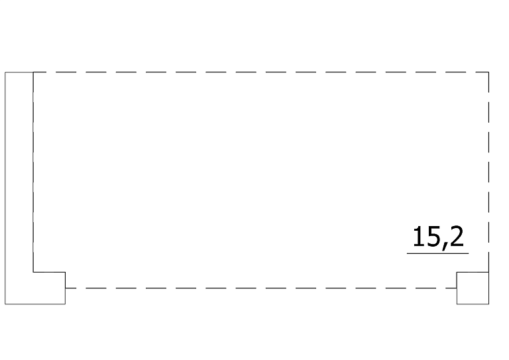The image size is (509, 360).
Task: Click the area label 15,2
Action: coord(438,237)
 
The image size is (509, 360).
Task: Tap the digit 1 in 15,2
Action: coord(417,236)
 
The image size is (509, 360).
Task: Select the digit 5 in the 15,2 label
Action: coord(431,237)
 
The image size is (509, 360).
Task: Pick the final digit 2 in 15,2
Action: coord(457,236)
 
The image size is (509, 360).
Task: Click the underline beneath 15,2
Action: coord(437,253)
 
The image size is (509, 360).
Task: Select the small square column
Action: coord(473,288)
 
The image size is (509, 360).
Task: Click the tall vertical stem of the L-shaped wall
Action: coord(19,172)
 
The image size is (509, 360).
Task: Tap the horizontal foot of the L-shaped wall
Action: coord(35,288)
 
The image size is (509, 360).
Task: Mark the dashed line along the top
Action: coord(261,72)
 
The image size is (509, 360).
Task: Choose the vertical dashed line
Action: coord(488,172)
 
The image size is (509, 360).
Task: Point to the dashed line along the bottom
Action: coord(261,288)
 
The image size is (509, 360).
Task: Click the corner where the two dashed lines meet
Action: coord(488,72)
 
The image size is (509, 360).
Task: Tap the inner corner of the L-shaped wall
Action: coord(33,272)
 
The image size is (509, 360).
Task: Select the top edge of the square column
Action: coord(473,272)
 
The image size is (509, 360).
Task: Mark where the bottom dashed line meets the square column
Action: coord(457,288)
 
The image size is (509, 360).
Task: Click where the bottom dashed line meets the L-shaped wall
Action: coord(65,288)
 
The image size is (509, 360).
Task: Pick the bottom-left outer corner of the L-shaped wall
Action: coord(5,304)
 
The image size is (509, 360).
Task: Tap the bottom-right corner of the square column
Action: coord(489,304)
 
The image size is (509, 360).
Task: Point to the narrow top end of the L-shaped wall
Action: coord(19,72)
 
